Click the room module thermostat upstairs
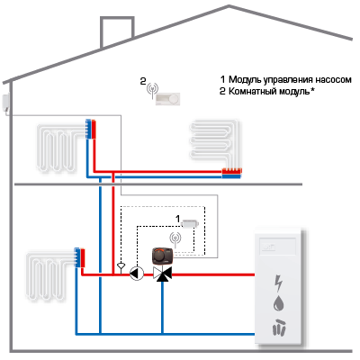168,99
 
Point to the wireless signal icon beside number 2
153,89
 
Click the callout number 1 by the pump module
177,219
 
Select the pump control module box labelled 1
190,223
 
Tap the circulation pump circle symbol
137,274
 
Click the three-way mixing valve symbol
162,274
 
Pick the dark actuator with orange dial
163,256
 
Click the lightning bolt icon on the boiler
279,283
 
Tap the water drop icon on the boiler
279,303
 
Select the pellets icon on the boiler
279,327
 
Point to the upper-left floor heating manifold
91,129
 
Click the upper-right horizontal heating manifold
231,174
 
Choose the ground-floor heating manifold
80,258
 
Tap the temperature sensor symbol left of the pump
121,266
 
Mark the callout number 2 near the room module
143,81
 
